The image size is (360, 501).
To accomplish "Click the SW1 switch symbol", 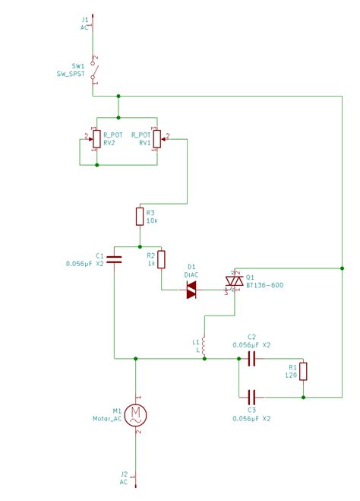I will pyautogui.click(x=93, y=67).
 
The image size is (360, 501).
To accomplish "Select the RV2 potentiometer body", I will pyautogui.click(x=96, y=138).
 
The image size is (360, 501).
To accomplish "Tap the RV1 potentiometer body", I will pyautogui.click(x=156, y=138).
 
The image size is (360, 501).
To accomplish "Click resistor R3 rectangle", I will pyautogui.click(x=140, y=217).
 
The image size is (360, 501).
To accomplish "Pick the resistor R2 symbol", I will pyautogui.click(x=161, y=260).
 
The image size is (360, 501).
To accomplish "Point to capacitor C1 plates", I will pyautogui.click(x=113, y=259).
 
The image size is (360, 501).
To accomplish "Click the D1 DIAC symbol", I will pyautogui.click(x=192, y=290).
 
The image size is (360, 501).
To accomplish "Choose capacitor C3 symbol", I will pyautogui.click(x=252, y=396).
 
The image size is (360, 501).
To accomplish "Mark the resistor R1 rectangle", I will pyautogui.click(x=303, y=372).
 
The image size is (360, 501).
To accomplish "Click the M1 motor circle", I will pyautogui.click(x=136, y=414).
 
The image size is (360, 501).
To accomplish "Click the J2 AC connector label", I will pyautogui.click(x=124, y=478).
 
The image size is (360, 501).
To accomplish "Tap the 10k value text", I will pyautogui.click(x=150, y=221).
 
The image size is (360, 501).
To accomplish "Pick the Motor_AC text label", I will pyautogui.click(x=108, y=419).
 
